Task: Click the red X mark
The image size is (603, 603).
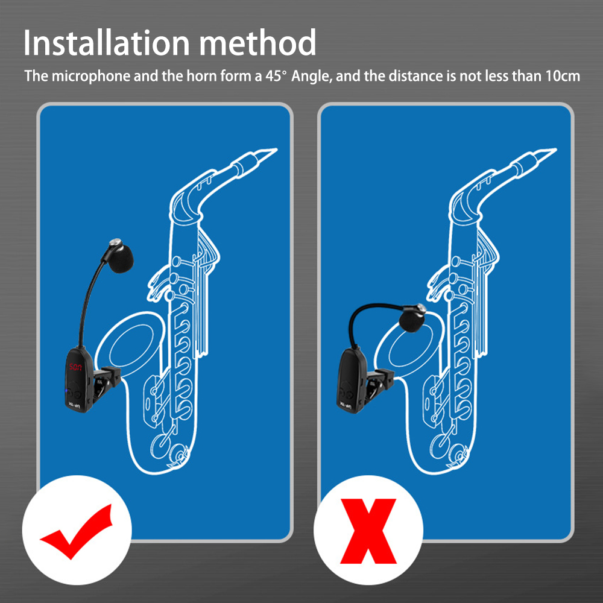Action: click(368, 531)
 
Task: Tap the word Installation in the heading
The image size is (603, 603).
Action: click(107, 43)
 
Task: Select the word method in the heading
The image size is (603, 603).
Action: click(257, 43)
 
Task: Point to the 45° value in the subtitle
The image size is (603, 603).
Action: click(276, 76)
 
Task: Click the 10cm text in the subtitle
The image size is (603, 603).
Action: click(563, 76)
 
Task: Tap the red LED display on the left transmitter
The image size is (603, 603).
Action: click(75, 367)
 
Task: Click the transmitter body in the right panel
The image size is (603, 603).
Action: click(350, 380)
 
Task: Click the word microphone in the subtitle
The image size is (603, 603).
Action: click(92, 76)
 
